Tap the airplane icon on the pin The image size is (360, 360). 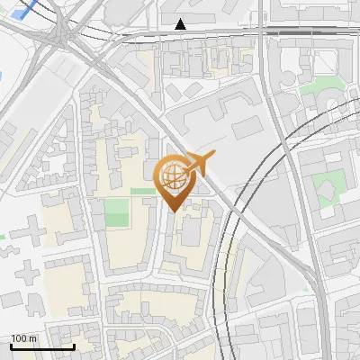[199, 163]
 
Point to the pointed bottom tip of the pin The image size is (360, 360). [175, 211]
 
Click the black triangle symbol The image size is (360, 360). [181, 24]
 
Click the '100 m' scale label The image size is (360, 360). [24, 338]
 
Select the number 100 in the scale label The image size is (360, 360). [20, 338]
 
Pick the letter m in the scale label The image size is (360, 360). [34, 338]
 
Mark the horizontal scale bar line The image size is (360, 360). [42, 346]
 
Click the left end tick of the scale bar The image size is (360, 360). [11, 345]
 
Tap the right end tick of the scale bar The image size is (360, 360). [74, 345]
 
